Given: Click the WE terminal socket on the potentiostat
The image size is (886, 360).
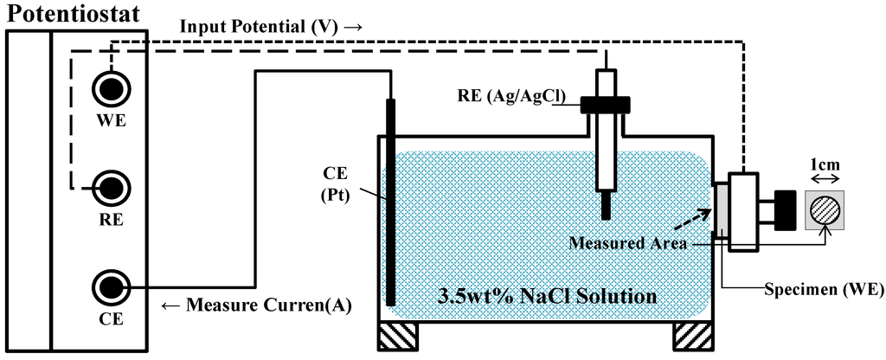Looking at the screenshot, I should (112, 87).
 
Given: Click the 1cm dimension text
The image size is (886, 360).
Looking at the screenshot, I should (825, 163).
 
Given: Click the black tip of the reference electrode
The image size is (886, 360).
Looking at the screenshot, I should (606, 208).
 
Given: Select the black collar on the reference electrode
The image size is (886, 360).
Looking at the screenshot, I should (606, 104).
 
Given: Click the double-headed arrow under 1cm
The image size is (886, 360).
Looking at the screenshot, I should (825, 179).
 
